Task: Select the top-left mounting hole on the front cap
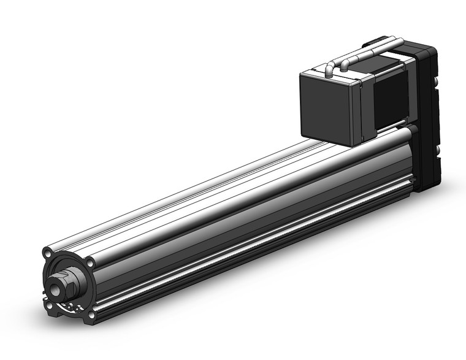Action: click(x=47, y=252)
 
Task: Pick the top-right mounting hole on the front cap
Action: click(x=90, y=263)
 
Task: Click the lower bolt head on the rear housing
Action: click(x=438, y=150)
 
